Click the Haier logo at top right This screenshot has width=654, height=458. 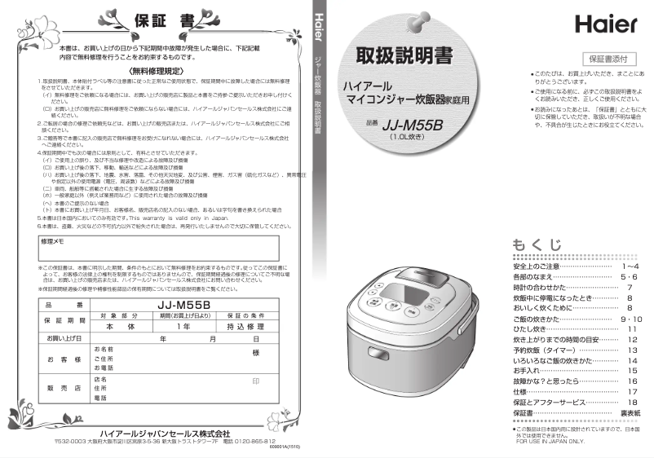605,24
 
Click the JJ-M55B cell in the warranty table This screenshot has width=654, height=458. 183,306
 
